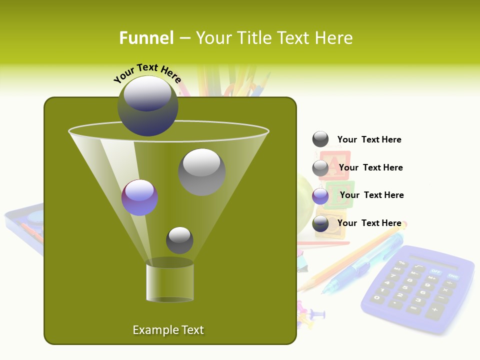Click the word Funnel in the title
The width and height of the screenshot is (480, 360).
pos(146,37)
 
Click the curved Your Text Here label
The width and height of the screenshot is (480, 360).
pos(147,73)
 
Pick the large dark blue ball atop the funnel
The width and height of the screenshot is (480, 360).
pos(148,105)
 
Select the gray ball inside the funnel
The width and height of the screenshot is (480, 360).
pos(201,171)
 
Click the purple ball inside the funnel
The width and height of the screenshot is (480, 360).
pos(139,197)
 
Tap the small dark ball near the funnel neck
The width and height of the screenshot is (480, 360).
pos(179,240)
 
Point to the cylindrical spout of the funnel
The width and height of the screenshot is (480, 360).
pos(169,282)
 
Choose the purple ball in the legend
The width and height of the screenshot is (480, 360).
pos(320,196)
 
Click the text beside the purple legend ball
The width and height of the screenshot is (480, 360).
pos(371,195)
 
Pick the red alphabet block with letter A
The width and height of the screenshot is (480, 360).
pos(334,165)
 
